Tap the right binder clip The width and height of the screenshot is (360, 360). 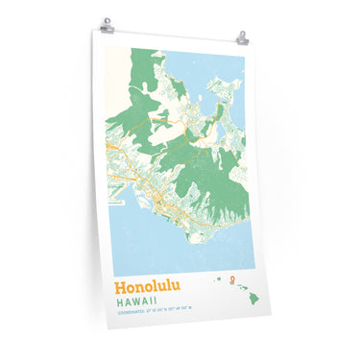(x=243, y=38)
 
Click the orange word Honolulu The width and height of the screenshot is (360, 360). (x=149, y=287)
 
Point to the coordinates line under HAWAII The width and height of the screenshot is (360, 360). (x=154, y=311)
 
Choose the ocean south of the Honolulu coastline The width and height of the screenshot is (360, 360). (x=154, y=240)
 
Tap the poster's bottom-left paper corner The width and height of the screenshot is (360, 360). (x=108, y=326)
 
